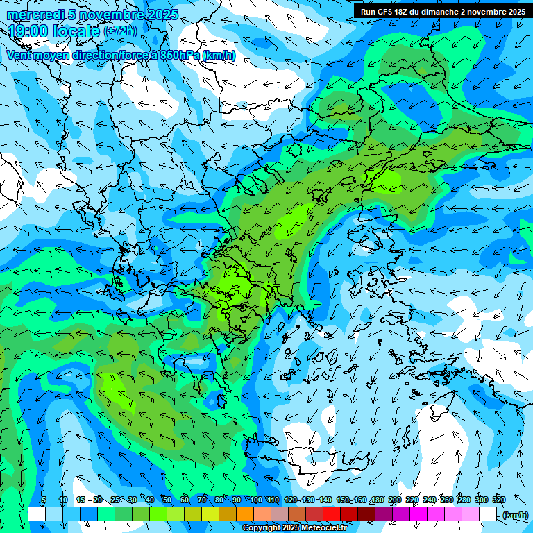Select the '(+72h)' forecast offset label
click(x=119, y=31)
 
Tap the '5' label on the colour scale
click(x=44, y=500)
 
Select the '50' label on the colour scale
click(x=167, y=500)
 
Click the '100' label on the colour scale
click(x=256, y=500)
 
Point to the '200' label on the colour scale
click(x=395, y=500)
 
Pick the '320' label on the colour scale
click(x=499, y=500)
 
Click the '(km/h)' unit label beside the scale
click(x=515, y=515)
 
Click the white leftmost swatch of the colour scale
click(x=37, y=514)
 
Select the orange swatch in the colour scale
click(x=245, y=514)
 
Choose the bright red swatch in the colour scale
click(x=332, y=514)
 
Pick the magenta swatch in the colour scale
click(x=418, y=514)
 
